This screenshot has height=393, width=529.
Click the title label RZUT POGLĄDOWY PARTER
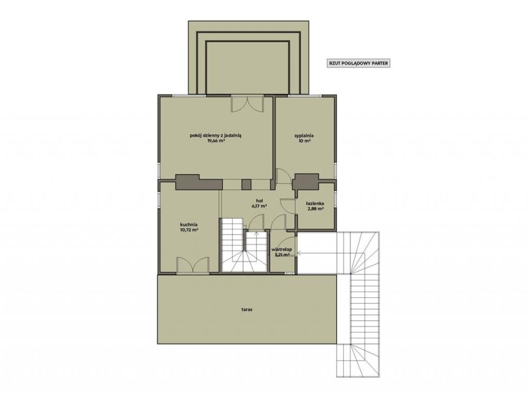click(x=358, y=63)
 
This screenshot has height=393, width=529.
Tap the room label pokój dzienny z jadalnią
click(x=216, y=135)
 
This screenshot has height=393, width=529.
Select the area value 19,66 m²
click(x=216, y=141)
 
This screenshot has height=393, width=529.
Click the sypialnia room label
click(x=304, y=136)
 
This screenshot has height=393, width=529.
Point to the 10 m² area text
click(x=304, y=141)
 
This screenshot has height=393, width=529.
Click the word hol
click(x=259, y=200)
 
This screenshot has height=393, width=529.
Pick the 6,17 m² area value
click(x=259, y=206)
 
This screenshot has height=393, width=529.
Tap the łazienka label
click(x=315, y=204)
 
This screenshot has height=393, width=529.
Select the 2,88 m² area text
click(x=315, y=209)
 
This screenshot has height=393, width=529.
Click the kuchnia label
click(x=188, y=224)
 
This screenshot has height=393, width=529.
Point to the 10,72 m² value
click(x=190, y=230)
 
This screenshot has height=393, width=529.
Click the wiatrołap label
click(x=281, y=250)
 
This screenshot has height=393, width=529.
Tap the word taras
click(x=247, y=310)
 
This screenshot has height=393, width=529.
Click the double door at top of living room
click(x=248, y=104)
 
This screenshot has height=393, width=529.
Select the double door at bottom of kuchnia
click(x=193, y=265)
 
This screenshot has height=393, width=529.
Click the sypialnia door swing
click(x=283, y=176)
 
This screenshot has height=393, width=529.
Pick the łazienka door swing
click(x=288, y=206)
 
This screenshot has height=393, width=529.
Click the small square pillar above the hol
click(x=247, y=185)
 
